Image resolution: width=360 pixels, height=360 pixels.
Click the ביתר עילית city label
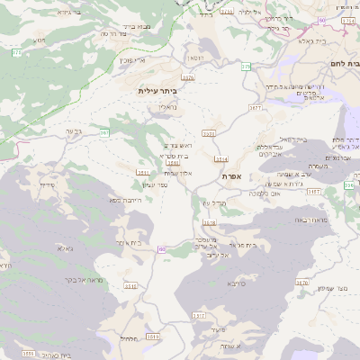pyautogui.click(x=158, y=91)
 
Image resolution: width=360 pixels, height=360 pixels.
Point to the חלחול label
pyautogui.click(x=128, y=339)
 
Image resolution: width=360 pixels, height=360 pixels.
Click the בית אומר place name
pyautogui.click(x=130, y=243)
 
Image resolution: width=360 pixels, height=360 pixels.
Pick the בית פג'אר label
pyautogui.click(x=243, y=245)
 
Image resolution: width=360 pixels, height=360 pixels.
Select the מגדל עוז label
pyautogui.click(x=213, y=204)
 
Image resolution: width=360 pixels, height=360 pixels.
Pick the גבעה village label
pyautogui.click(x=74, y=131)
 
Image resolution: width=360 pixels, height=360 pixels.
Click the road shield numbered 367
pyautogui.click(x=104, y=132)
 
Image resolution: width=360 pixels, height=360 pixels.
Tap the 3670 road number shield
pyautogui.click(x=302, y=282)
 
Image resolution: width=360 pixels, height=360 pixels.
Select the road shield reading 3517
pyautogui.click(x=199, y=316)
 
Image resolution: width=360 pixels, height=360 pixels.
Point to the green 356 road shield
pyautogui.click(x=347, y=186)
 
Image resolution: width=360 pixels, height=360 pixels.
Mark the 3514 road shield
pyautogui.click(x=221, y=159)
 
